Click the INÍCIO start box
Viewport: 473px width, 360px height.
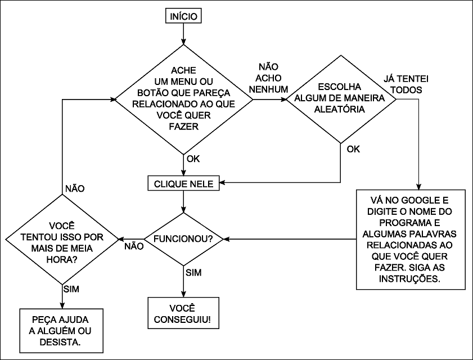[183, 17]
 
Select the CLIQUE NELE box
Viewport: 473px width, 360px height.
[183, 183]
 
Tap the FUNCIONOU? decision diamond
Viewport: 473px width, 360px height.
[183, 239]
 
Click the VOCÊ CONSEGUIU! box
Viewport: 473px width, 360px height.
[183, 313]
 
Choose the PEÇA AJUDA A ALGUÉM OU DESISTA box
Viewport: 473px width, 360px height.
[62, 329]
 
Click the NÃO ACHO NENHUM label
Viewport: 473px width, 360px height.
[272, 78]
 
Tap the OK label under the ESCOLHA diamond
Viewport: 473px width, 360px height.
[353, 149]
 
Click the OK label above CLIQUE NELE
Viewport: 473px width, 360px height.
[193, 159]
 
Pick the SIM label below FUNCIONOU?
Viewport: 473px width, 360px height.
[193, 273]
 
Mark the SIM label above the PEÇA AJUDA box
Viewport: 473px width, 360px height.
[71, 289]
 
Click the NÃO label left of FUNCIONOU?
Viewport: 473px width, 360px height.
[133, 246]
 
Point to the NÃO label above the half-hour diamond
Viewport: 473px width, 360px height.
[75, 188]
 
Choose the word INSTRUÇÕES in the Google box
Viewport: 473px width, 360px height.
[411, 278]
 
